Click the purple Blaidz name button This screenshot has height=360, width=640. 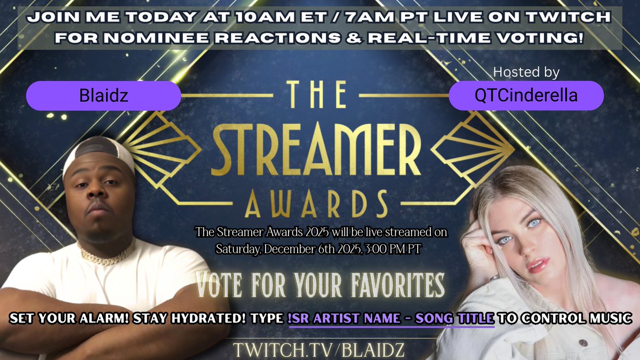(103, 96)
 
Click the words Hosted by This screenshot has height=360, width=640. (526, 72)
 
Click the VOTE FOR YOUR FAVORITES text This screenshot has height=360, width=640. (320, 285)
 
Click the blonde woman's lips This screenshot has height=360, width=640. (538, 263)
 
